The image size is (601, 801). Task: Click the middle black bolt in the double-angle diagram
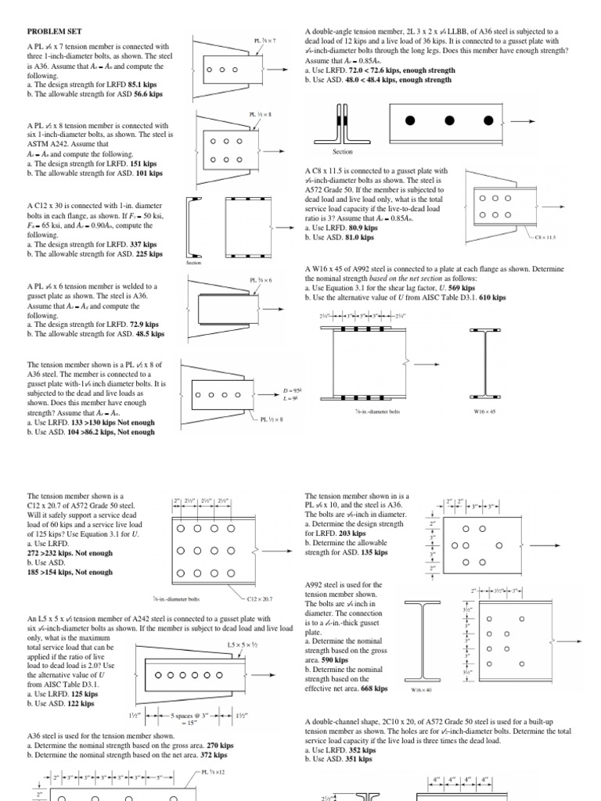[449, 120]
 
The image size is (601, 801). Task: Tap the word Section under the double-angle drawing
[343, 153]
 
